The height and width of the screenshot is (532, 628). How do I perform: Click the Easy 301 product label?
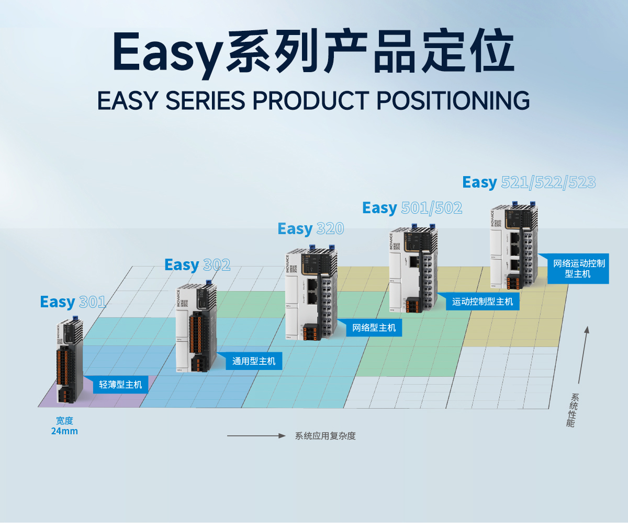pos(73,302)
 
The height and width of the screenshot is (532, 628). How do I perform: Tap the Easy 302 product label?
pos(197,265)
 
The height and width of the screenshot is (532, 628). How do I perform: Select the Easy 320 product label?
pos(311,229)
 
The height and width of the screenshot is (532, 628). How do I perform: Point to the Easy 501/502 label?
pos(412,208)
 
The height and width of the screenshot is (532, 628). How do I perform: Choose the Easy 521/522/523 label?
pos(529,182)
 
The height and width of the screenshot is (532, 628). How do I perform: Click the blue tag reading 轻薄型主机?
pos(120,385)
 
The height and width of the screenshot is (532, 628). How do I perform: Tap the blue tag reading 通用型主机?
pos(254,361)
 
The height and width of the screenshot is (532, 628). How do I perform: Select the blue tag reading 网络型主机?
pos(374,328)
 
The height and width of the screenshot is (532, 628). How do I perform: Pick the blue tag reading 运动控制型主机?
pos(483,302)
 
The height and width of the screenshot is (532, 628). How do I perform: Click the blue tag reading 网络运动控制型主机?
pos(578,269)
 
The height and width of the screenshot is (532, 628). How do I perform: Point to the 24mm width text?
pos(64,431)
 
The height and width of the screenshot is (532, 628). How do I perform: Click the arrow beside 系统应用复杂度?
pos(256,436)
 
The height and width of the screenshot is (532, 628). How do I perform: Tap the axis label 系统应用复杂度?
pos(325,436)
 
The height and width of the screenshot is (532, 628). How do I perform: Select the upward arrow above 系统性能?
pos(583,355)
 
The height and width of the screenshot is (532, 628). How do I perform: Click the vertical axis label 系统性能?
pos(573,411)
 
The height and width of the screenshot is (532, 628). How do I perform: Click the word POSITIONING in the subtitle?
pos(453,101)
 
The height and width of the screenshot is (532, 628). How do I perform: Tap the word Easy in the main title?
pos(166,52)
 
